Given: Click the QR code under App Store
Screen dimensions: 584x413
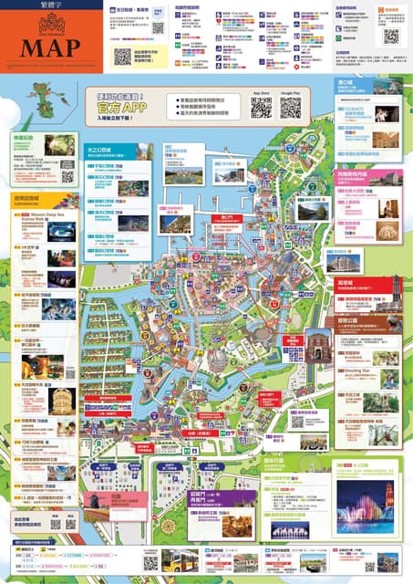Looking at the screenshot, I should pyautogui.click(x=262, y=107).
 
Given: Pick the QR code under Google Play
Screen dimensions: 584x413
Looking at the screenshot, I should pyautogui.click(x=291, y=107).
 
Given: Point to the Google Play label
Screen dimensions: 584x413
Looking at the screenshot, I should pyautogui.click(x=291, y=93).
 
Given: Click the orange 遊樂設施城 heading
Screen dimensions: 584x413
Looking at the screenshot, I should pyautogui.click(x=32, y=196).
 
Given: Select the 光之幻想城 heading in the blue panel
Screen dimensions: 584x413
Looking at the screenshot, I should pyautogui.click(x=98, y=148).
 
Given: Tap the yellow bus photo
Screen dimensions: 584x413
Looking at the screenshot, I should pyautogui.click(x=179, y=559).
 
